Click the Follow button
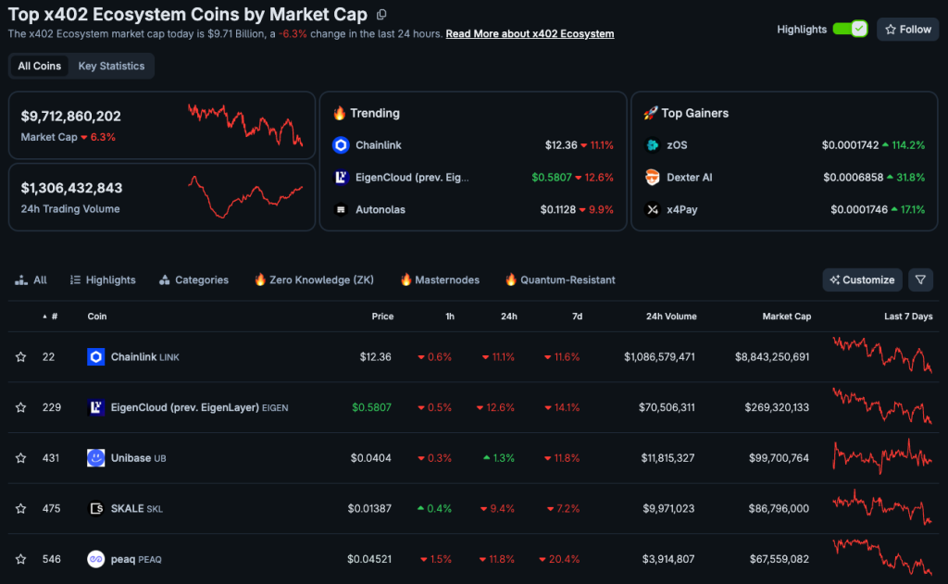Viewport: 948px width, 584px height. [x=907, y=30]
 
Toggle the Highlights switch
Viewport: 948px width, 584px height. [x=849, y=30]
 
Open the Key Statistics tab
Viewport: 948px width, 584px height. [x=111, y=67]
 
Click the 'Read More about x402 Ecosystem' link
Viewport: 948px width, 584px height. [x=530, y=34]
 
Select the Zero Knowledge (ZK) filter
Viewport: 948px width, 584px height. [x=314, y=280]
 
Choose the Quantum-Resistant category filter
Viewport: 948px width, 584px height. [x=559, y=280]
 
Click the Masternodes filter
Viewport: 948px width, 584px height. [x=440, y=280]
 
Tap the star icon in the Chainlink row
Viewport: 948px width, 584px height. [x=20, y=357]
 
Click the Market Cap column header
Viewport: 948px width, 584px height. [x=786, y=317]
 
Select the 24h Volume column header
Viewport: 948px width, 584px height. [x=671, y=317]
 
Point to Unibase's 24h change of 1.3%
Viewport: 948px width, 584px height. [x=500, y=458]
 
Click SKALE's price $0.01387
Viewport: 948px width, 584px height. [x=370, y=508]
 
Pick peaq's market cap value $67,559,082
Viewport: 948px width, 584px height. [x=772, y=559]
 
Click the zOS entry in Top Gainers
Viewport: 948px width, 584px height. [x=677, y=145]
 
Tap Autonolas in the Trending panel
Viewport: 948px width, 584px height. [x=380, y=210]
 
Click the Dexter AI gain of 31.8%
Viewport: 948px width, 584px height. [x=904, y=178]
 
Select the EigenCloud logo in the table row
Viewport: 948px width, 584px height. [x=95, y=407]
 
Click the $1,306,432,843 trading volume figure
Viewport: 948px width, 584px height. [x=71, y=188]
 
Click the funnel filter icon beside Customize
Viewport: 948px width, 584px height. [x=920, y=280]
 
